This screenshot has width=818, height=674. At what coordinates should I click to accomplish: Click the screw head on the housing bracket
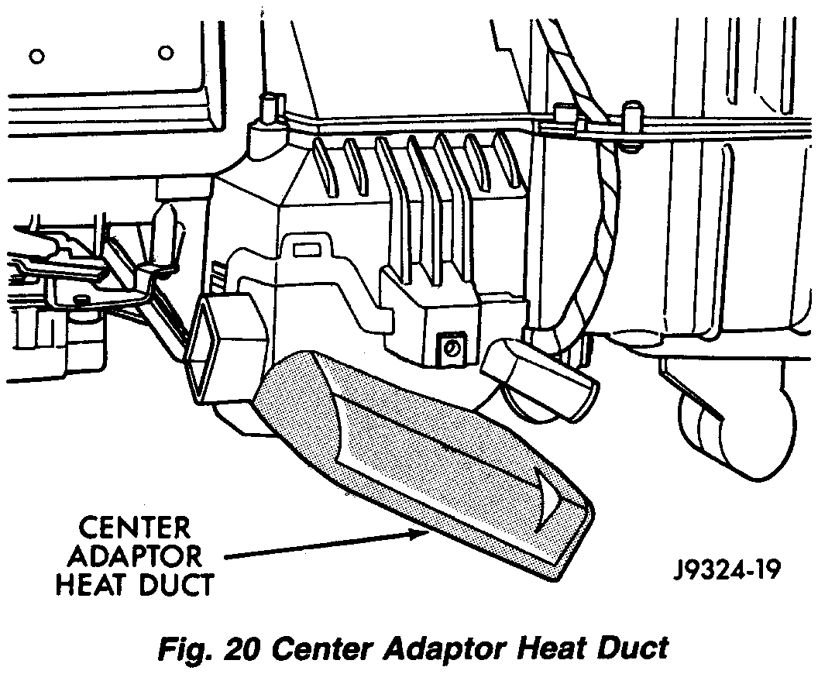click(x=449, y=349)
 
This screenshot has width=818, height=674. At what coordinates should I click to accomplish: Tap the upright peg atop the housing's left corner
click(x=269, y=108)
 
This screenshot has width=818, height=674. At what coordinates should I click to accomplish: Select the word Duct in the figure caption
click(x=628, y=647)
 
